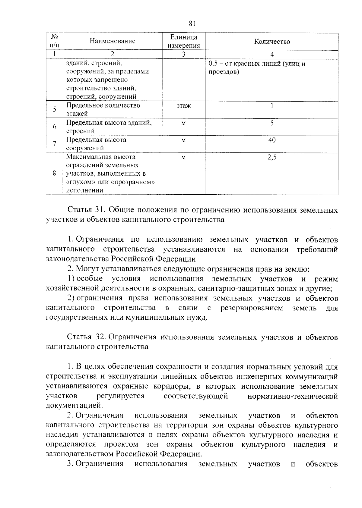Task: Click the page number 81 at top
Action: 192,24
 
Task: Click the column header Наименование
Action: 113,41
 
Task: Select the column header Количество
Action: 272,41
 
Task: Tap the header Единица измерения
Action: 184,41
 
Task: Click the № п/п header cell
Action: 55,41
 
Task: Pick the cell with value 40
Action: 272,140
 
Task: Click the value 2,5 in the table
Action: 272,157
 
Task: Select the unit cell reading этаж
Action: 184,106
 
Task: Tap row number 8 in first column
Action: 55,174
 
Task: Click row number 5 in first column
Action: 55,109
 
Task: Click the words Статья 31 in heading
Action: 84,210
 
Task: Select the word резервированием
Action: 252,308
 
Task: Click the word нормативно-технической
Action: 292,396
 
